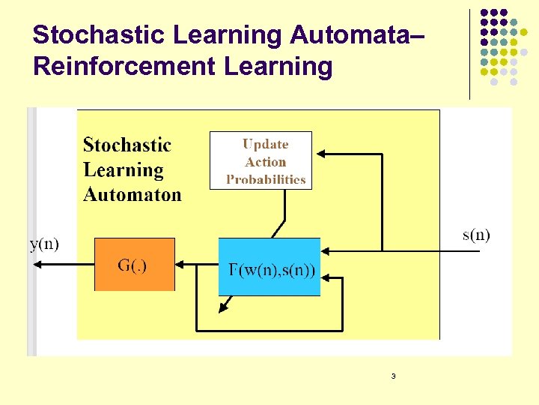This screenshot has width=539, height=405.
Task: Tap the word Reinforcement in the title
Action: (124, 66)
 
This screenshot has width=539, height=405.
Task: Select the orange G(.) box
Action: (134, 264)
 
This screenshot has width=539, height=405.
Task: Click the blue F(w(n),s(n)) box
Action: (269, 267)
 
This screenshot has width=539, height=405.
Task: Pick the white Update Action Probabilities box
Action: (261, 160)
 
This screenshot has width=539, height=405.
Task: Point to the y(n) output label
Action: (44, 244)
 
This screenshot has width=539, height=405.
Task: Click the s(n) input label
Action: (476, 235)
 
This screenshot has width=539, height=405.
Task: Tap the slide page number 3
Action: (393, 376)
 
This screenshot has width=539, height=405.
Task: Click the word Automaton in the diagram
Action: (133, 195)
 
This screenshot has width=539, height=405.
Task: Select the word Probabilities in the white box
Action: (266, 180)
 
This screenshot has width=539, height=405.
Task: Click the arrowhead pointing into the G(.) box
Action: (180, 265)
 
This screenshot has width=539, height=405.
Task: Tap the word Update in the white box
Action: (265, 144)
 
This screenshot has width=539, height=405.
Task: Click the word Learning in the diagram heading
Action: (124, 170)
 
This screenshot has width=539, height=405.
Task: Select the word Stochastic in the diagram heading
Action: (127, 145)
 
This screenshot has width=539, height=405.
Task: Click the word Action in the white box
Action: (265, 162)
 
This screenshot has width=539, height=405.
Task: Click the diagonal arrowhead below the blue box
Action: (224, 308)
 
